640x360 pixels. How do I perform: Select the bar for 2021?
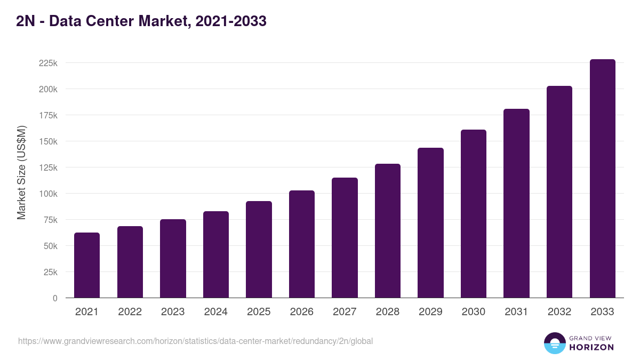click(x=87, y=265)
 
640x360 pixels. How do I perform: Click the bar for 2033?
click(x=602, y=179)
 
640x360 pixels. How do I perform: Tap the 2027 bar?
click(x=345, y=238)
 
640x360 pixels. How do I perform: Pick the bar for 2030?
click(x=474, y=214)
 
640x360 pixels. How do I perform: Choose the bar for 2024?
click(x=216, y=254)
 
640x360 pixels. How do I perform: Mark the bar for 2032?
click(x=559, y=192)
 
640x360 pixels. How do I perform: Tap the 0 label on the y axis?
click(x=54, y=298)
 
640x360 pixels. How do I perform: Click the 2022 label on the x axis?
click(x=130, y=312)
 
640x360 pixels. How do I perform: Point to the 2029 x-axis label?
click(x=430, y=312)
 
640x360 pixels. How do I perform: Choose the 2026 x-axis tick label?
click(x=302, y=312)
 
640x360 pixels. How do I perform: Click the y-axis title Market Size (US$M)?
click(x=21, y=172)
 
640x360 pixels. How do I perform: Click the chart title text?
click(x=141, y=21)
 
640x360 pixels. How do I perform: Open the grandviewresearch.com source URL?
click(x=195, y=341)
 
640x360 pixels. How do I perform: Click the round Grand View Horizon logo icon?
click(x=554, y=343)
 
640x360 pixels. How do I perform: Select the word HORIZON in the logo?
click(x=591, y=347)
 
